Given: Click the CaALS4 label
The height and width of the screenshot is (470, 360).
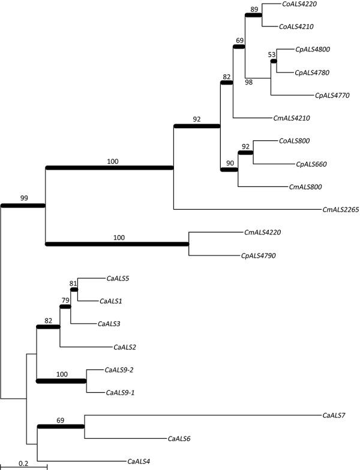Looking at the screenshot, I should point(139,461).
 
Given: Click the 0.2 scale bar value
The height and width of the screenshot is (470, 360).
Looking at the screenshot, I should point(23,463).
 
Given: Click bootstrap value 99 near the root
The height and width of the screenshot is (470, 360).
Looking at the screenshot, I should point(22,197).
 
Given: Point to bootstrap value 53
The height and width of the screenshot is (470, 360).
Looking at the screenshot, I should point(271,55).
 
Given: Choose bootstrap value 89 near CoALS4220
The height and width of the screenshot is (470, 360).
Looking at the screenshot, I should point(253,8).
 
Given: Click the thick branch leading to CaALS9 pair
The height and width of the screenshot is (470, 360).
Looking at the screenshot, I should point(62,380).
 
